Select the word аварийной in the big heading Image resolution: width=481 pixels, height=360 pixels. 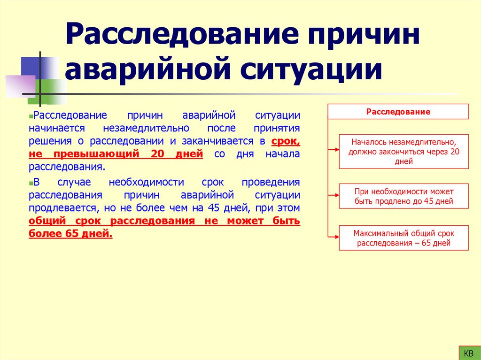[144, 70]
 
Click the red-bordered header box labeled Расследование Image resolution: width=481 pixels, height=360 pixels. [398, 112]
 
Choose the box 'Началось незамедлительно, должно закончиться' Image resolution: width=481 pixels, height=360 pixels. [403, 151]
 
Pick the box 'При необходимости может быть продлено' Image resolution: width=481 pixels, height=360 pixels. [403, 196]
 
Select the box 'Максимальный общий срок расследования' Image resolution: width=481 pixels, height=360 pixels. [403, 238]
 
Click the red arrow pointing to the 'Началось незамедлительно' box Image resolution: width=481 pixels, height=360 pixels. [333, 150]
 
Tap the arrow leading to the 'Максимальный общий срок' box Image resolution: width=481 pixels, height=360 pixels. [333, 237]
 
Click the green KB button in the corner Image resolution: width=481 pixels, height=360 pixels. [468, 352]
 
